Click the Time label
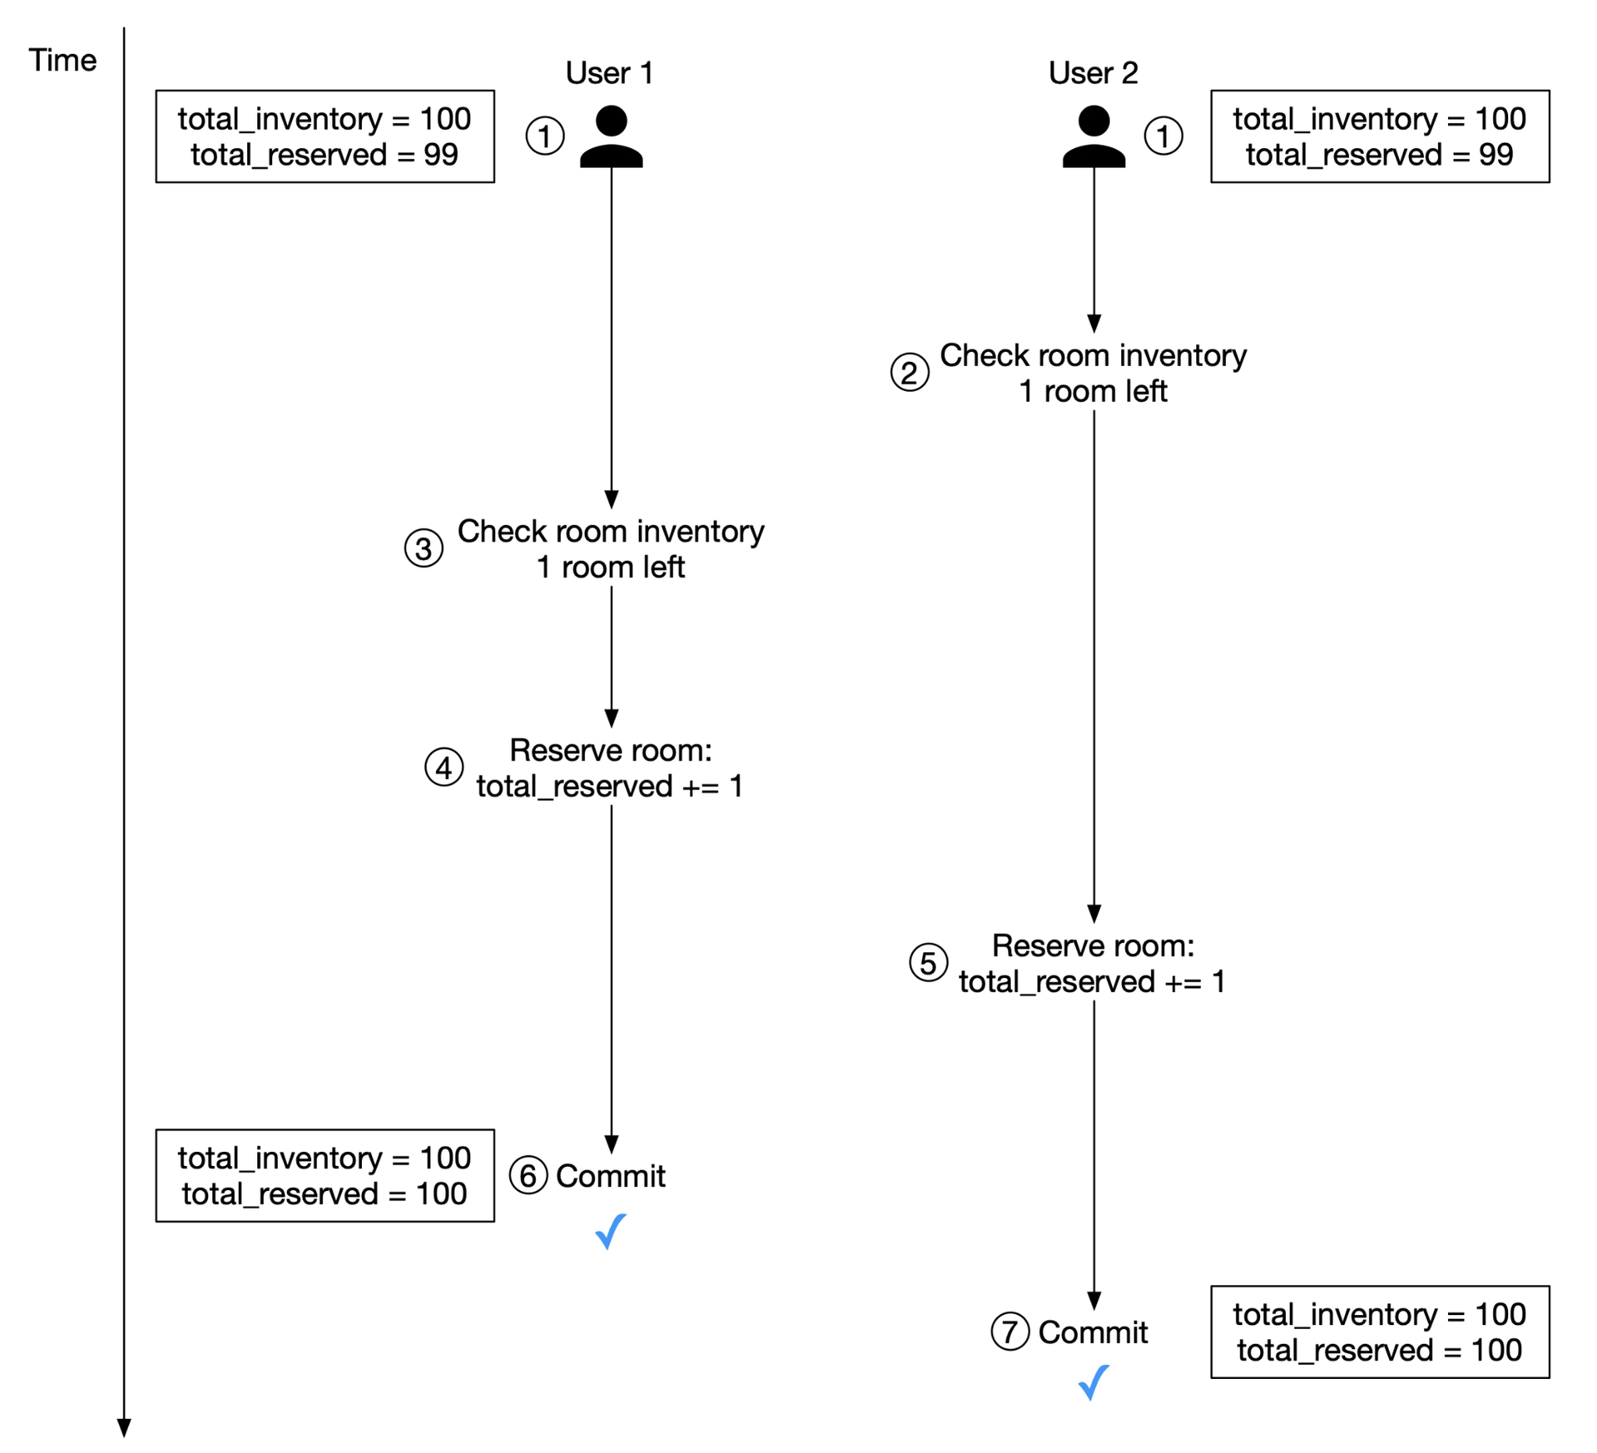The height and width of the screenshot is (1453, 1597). [62, 61]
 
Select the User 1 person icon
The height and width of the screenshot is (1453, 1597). [611, 136]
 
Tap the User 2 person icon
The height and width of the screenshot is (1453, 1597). [1094, 136]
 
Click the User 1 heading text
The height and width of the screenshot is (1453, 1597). [609, 73]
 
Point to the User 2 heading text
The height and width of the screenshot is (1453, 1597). [1093, 73]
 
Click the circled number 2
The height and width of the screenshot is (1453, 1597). [910, 373]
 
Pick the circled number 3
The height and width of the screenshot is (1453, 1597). [423, 549]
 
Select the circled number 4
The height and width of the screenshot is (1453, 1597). [444, 768]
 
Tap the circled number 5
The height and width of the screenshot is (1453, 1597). [928, 963]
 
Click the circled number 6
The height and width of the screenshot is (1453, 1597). [528, 1176]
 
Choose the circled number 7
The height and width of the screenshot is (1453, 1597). [1011, 1332]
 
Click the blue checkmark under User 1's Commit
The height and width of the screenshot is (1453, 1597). [611, 1232]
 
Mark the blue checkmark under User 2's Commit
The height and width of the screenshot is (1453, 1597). [1093, 1383]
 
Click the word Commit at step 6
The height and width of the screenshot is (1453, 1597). [611, 1176]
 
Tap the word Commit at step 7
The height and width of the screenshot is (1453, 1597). [1093, 1332]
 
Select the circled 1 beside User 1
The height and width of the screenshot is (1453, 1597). [545, 136]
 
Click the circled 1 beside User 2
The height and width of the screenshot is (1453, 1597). [1164, 136]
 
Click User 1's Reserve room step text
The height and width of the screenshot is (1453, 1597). [610, 768]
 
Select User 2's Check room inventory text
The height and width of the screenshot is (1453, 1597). [1093, 373]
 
